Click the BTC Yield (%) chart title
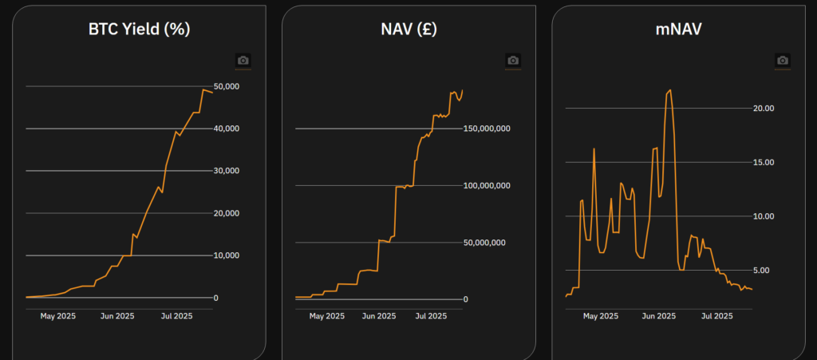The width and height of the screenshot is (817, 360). tap(139, 30)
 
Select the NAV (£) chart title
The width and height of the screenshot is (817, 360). tap(408, 30)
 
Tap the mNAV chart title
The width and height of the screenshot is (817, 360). tap(678, 30)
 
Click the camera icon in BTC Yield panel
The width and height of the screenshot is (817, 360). tap(243, 60)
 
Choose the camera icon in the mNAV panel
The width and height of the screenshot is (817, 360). tap(783, 60)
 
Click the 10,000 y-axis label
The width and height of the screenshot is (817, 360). tap(227, 255)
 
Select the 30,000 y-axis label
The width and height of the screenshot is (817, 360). tap(227, 171)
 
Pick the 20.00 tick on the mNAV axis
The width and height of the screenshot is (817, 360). tap(764, 109)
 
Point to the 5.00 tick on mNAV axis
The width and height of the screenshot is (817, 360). tap(764, 271)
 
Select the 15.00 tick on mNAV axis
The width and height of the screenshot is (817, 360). tap(764, 162)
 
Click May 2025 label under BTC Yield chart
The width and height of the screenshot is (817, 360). tap(58, 316)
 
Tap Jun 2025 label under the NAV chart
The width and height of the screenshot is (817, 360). tap(379, 316)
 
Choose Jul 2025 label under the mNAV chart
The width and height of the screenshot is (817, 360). tap(716, 316)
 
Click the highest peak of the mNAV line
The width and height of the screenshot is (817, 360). tap(669, 90)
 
